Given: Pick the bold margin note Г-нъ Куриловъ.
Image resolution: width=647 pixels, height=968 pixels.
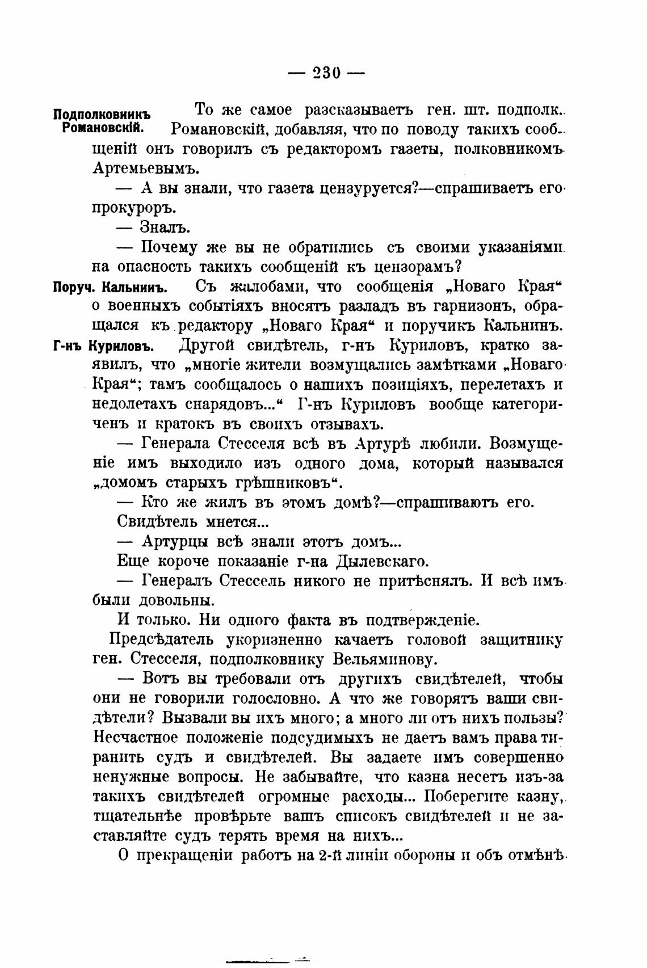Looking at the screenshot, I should coord(104,346).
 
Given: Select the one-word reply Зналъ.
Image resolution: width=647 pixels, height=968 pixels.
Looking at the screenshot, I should coord(165,228).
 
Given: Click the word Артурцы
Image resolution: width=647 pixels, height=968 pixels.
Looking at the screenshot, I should coord(176,542).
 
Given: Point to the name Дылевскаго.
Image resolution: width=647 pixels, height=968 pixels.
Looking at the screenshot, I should coord(383,562).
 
